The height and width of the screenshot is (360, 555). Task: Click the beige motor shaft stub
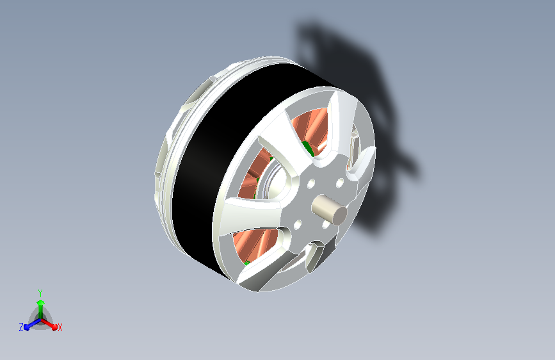click(329, 209)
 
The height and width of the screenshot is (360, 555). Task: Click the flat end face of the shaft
click(339, 215)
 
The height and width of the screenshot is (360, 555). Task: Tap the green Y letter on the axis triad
click(40, 293)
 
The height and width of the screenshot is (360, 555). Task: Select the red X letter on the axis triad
click(60, 327)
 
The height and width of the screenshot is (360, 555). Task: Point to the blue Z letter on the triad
click(21, 327)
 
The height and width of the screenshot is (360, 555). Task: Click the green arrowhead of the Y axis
click(40, 302)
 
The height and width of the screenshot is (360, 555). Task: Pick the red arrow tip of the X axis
click(54, 327)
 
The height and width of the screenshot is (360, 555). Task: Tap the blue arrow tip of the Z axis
click(26, 327)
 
